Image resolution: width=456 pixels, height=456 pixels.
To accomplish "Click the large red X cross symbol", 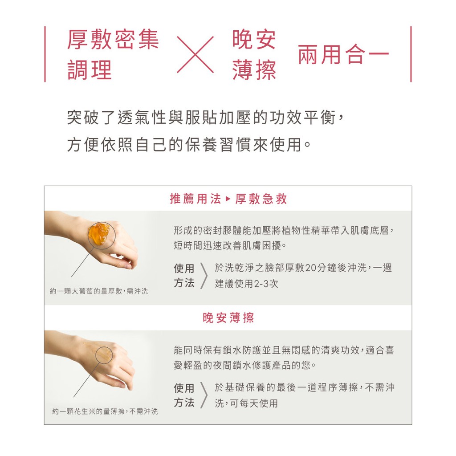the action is [x=195, y=54].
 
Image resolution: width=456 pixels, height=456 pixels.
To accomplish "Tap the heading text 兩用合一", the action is [x=343, y=54].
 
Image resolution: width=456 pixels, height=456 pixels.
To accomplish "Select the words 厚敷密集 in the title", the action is [x=113, y=40].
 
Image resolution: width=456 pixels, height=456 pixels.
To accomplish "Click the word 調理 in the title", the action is [x=90, y=70].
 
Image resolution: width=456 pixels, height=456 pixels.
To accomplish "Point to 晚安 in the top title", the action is [x=254, y=40].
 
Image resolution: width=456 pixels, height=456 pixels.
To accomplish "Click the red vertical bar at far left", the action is [x=45, y=54].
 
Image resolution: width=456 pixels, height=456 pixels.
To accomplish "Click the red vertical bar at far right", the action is [x=411, y=54].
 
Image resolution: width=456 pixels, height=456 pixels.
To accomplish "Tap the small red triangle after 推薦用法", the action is [x=228, y=199].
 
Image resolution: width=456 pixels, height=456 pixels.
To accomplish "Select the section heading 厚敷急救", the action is [x=261, y=199].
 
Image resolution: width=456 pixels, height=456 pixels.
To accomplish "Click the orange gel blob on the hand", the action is [x=99, y=233].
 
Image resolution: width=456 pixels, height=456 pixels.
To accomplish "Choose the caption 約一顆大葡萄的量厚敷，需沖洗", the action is [x=99, y=291].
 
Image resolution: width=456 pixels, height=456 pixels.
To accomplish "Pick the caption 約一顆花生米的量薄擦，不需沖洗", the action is [x=105, y=411].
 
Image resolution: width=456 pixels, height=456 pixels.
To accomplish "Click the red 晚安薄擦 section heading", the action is [x=228, y=318].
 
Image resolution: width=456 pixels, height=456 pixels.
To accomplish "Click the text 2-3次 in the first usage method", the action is [x=266, y=284].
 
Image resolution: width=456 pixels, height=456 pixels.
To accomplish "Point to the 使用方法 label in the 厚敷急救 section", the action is [x=184, y=275].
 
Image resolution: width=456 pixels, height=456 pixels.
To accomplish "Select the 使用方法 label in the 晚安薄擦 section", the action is [x=184, y=395].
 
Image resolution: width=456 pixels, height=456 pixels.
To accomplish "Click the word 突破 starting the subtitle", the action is [x=83, y=118].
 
